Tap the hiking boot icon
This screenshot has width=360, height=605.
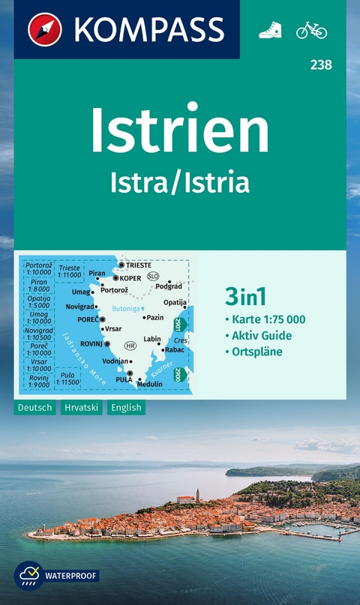click(x=270, y=30)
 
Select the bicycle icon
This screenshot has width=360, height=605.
click(x=311, y=30)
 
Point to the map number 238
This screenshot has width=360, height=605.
click(x=321, y=65)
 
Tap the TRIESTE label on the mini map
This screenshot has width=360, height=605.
click(x=139, y=265)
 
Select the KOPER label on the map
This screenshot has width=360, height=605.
click(x=130, y=278)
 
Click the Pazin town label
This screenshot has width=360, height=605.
click(x=154, y=317)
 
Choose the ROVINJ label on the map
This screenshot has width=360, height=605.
click(x=91, y=344)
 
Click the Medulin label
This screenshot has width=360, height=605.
click(x=149, y=385)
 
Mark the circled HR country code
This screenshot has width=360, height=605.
click(x=130, y=346)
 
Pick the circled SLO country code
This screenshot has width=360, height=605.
click(x=153, y=276)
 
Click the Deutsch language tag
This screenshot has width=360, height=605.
click(x=34, y=408)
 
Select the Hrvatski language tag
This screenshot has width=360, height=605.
click(x=82, y=408)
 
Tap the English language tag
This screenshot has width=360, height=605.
click(x=125, y=408)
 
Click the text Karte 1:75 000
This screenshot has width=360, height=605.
click(x=268, y=320)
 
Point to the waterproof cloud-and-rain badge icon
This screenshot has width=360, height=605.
click(x=28, y=576)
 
